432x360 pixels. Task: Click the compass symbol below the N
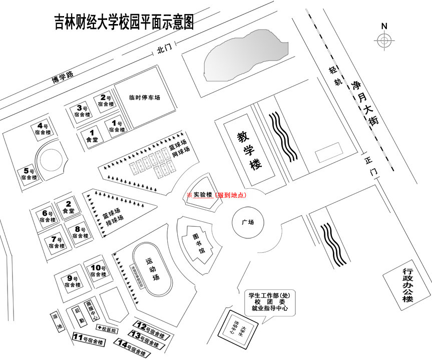point(384,41)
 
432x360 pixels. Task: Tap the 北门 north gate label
point(164,49)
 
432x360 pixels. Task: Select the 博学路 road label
point(63,77)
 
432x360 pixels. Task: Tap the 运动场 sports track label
point(151,269)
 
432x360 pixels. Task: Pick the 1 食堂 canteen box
point(92,136)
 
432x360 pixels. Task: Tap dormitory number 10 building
point(98,271)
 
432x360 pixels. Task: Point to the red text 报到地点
point(231,195)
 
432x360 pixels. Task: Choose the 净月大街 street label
point(366,102)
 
